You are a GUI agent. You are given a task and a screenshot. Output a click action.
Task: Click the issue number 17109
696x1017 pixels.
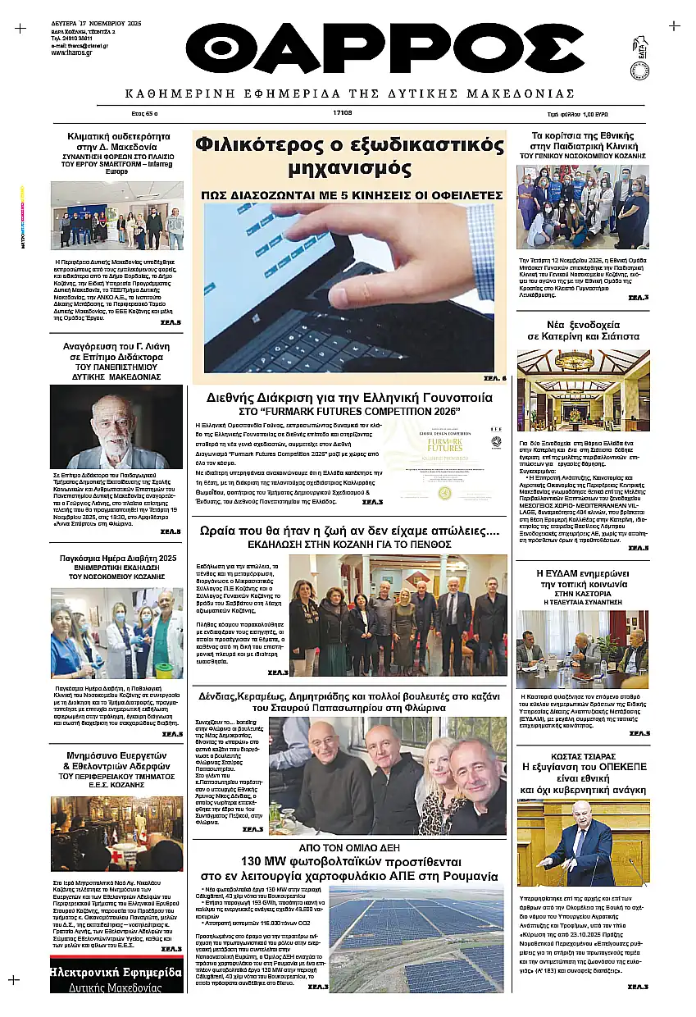tap(343, 114)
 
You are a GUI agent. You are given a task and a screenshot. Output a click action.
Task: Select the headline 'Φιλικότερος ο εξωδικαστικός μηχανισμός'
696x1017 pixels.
tap(349, 156)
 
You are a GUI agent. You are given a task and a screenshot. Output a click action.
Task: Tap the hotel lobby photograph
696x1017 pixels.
tap(583, 390)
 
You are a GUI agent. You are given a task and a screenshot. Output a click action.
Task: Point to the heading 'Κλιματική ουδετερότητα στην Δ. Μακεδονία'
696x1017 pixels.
tap(117, 141)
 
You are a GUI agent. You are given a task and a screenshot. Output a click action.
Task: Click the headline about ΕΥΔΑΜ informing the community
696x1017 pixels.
tap(582, 579)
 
